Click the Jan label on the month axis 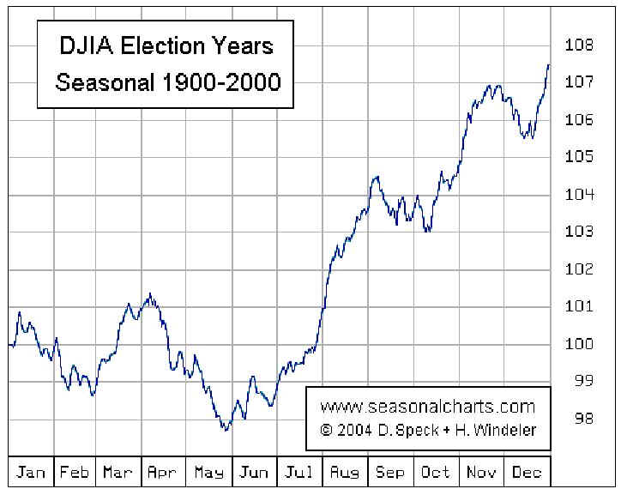31,473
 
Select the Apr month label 163,473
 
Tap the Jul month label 298,473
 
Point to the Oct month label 436,473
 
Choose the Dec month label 526,473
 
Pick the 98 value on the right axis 584,419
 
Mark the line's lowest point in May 226,429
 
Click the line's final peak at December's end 548,64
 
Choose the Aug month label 346,473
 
